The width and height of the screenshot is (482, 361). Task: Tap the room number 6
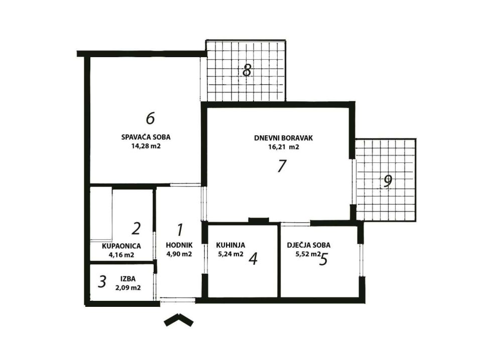[x=150, y=118]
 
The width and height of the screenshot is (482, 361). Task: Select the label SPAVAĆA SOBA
[x=146, y=137]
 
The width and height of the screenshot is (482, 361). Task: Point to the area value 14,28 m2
[x=146, y=146]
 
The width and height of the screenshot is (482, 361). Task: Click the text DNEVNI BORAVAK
[x=283, y=138]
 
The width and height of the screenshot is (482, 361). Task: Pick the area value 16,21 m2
[x=283, y=147]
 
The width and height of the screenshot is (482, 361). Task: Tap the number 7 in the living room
[x=282, y=166]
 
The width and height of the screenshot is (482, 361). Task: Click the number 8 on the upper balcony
[x=247, y=71]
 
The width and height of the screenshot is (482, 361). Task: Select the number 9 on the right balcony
[x=388, y=181]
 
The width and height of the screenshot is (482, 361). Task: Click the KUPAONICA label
[x=122, y=246]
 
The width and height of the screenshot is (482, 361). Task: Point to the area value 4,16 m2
[x=122, y=255]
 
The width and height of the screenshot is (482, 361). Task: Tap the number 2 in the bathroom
[x=136, y=229]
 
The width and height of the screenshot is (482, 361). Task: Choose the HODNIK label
[x=179, y=245]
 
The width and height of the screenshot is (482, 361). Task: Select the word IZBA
[x=128, y=279]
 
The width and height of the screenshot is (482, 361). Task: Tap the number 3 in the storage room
[x=102, y=281]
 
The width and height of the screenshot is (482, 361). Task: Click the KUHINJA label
[x=230, y=245]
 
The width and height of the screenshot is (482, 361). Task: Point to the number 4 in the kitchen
[x=253, y=259]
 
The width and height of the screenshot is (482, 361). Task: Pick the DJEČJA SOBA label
[x=309, y=245]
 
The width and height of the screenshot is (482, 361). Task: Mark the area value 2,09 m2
[x=128, y=288]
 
